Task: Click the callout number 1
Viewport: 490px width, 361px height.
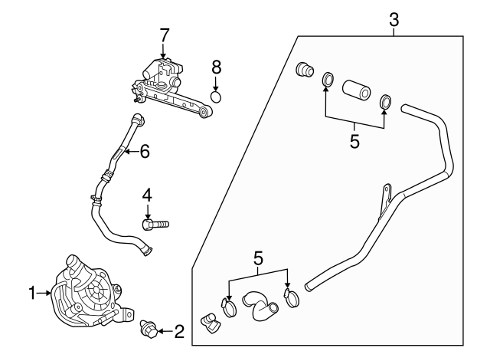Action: [x=32, y=292]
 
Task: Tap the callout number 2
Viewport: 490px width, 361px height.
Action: [x=179, y=332]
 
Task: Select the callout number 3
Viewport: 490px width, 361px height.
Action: [x=394, y=20]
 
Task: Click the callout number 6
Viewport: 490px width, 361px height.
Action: [x=144, y=152]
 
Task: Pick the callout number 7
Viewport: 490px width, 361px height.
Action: [x=164, y=34]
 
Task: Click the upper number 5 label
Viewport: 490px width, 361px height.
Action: [x=354, y=143]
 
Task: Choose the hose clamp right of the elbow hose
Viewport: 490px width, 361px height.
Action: [x=290, y=296]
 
